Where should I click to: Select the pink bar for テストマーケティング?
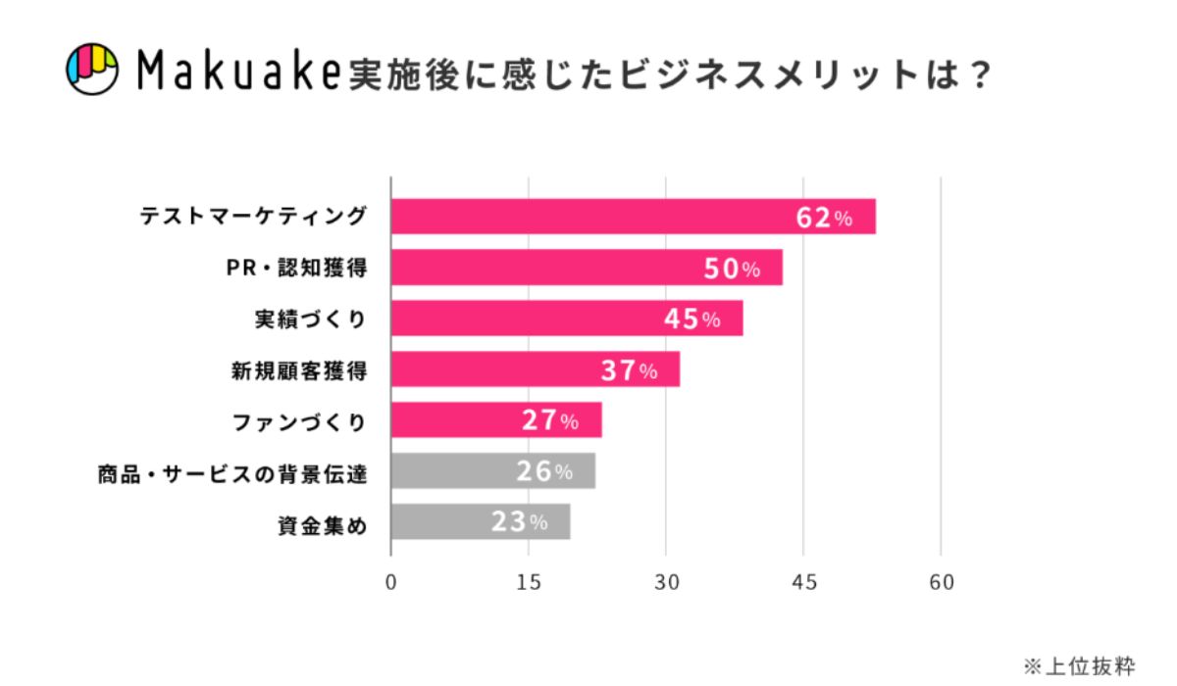(x=588, y=217)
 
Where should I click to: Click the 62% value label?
(x=823, y=218)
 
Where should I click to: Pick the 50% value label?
(x=732, y=269)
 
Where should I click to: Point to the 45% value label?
(x=691, y=319)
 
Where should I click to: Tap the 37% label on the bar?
(x=629, y=370)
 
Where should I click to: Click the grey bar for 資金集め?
(x=480, y=522)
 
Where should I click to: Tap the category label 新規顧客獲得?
(x=298, y=370)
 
